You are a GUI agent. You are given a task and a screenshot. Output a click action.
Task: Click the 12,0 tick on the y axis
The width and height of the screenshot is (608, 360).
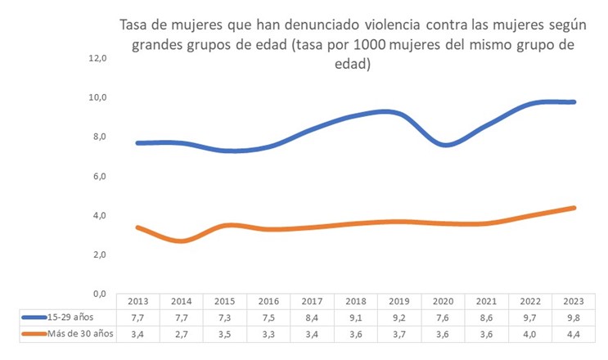click(98, 58)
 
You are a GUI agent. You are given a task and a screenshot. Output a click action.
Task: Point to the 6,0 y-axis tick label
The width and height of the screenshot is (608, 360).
click(98, 176)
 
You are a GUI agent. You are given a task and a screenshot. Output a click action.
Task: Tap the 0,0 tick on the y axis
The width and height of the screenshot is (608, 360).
click(98, 293)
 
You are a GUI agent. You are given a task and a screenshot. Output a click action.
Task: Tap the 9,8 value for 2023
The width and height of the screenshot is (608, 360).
click(574, 317)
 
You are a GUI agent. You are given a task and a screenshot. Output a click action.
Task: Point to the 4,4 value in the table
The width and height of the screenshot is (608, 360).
click(574, 333)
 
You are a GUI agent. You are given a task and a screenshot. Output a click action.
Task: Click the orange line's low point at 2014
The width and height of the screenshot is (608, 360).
click(182, 241)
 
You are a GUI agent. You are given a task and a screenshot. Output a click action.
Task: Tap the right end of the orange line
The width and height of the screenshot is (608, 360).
click(574, 208)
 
